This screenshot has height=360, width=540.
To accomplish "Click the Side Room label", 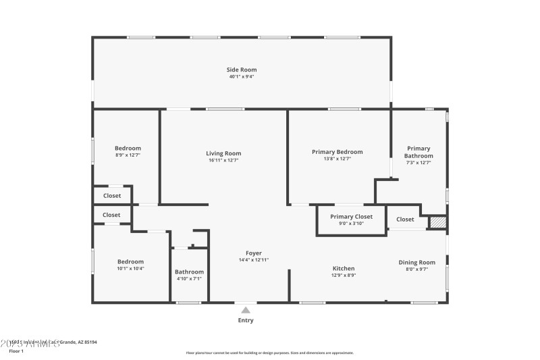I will coord(241,70).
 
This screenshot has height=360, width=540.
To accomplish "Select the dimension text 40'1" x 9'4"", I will coord(241,77).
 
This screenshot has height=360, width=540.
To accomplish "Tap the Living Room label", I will coord(223,153).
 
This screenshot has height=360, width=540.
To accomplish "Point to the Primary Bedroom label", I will coord(337,152).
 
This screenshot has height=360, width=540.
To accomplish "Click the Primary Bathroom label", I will coord(418,152).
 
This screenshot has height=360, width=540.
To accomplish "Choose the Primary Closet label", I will coord(351,217).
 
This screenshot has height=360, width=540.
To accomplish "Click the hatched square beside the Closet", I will coord(438,222).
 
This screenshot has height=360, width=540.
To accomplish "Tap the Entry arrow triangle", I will coord(246,309).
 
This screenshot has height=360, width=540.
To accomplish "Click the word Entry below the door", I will coord(246,320).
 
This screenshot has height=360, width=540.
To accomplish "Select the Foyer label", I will coord(254,253).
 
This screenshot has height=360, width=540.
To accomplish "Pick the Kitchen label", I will coord(344,268).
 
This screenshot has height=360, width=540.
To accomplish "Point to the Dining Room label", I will coord(416,262).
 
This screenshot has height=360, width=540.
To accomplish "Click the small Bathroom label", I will coord(189,272).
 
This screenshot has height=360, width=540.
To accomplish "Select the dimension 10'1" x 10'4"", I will coord(130,269).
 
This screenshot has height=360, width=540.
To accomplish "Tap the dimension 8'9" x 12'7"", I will coord(128,155).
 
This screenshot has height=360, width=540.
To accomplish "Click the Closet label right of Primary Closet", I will coord(405,219).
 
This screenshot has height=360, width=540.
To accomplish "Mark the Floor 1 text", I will coord(16,351).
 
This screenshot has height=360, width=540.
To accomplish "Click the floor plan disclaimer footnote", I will coord(269,353).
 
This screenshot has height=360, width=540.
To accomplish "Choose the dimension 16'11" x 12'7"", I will coord(223,161).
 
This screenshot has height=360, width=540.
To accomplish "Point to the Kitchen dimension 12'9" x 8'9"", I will coord(344,276).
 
